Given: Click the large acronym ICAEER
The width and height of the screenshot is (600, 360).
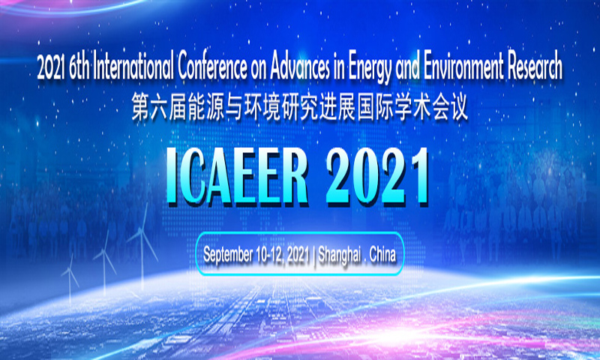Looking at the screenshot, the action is (237, 176).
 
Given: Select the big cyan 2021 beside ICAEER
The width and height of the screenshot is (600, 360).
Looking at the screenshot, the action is (376, 176).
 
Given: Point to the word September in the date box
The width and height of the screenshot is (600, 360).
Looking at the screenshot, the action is (228, 255).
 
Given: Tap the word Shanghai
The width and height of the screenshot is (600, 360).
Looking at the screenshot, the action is (340, 255).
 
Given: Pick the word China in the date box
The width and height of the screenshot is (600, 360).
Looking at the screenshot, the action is (382, 254).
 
